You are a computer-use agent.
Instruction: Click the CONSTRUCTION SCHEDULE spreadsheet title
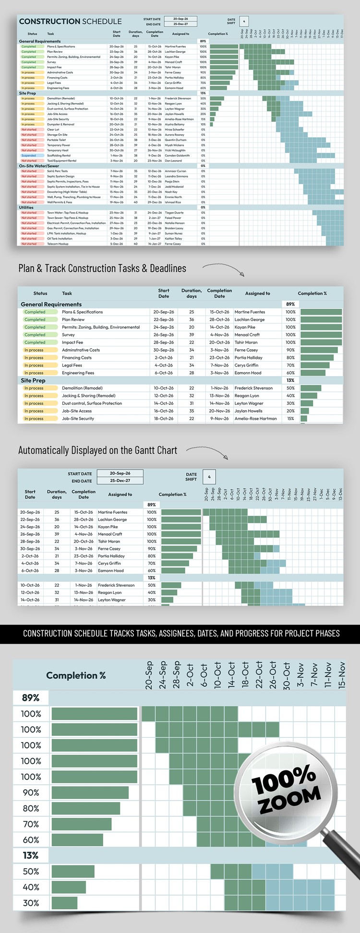[70, 22]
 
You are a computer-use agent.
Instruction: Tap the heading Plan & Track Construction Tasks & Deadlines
[102, 269]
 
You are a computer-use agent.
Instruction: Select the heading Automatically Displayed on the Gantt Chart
[97, 450]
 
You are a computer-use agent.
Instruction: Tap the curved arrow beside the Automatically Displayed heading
[207, 451]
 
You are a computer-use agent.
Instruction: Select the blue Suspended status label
[29, 155]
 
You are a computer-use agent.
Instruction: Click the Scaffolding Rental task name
[59, 155]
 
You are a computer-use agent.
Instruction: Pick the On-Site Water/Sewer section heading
[39, 166]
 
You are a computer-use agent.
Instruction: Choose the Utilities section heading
[26, 208]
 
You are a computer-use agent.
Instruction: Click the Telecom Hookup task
[58, 244]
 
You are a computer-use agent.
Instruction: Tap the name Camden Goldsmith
[177, 155]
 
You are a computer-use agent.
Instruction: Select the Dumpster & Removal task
[60, 124]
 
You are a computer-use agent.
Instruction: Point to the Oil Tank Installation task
[60, 238]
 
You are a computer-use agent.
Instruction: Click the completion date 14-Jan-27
[155, 244]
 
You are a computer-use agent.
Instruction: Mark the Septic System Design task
[60, 176]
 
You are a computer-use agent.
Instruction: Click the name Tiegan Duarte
[174, 213]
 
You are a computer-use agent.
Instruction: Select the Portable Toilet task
[57, 140]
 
